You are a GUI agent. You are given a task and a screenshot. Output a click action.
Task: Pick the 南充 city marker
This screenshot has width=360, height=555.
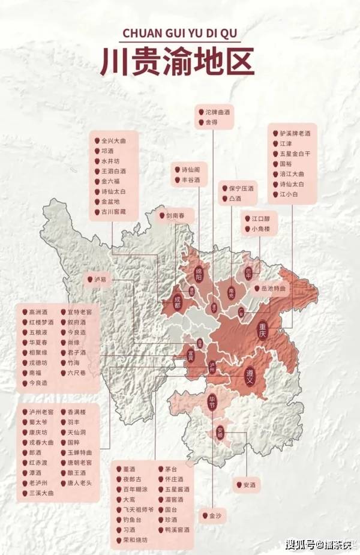coord(230,292)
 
